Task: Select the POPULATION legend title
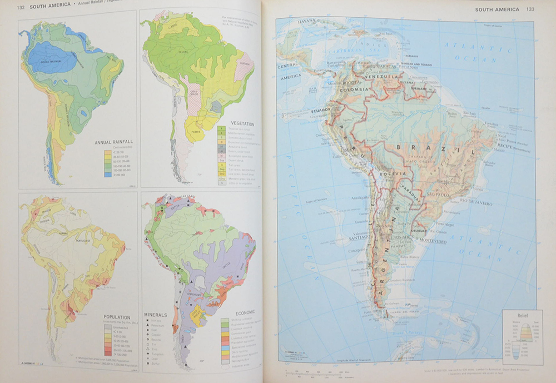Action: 117,317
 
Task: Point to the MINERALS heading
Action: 156,315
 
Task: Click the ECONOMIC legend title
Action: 241,313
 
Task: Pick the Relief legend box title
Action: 522,315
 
